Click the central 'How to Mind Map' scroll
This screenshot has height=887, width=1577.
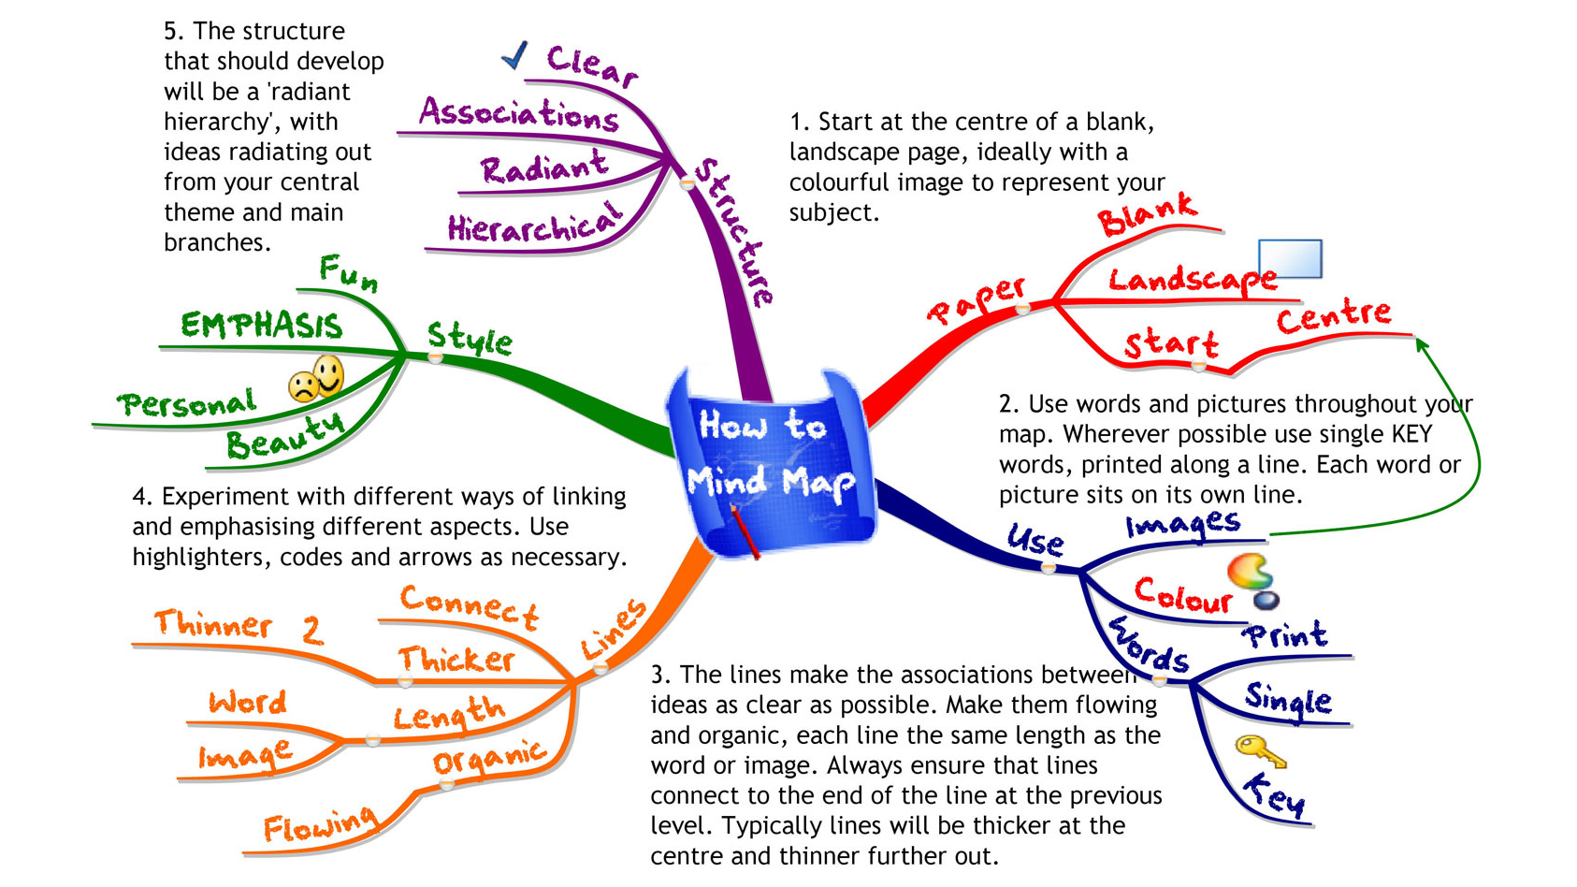coord(772,458)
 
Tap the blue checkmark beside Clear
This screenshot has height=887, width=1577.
coord(514,55)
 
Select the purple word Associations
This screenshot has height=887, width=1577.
coord(518,113)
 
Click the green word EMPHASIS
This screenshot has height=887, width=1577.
coord(262,326)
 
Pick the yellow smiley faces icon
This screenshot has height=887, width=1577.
coord(317,379)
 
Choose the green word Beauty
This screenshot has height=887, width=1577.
coord(285,436)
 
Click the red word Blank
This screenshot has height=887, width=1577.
coord(1147,214)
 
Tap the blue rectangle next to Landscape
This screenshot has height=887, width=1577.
coord(1290,258)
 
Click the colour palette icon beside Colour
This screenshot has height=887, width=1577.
coord(1252,579)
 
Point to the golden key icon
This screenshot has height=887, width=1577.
coord(1259,750)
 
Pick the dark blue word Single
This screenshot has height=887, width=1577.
coord(1288,699)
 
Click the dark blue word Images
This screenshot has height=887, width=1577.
coord(1183,524)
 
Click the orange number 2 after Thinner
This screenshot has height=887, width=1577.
coord(312,631)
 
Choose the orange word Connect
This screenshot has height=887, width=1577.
coord(469,607)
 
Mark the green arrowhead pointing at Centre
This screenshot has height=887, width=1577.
coord(1422,344)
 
